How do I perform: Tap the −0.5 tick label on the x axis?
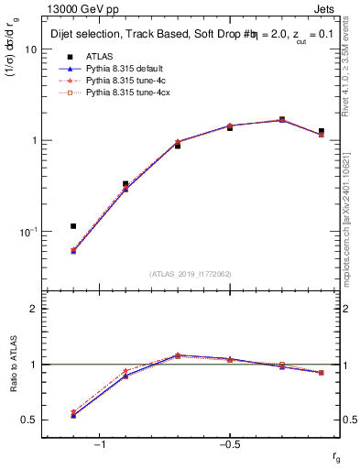point(228,445)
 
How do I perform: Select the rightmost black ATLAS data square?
point(321,132)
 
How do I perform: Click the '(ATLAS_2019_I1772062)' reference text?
point(191,275)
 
